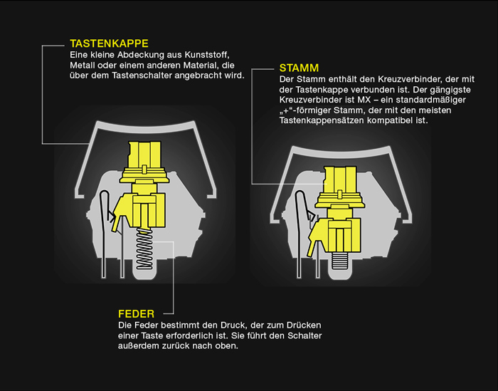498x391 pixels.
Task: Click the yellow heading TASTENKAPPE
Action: pyautogui.click(x=109, y=43)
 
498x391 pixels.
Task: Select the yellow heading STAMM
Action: pyautogui.click(x=299, y=68)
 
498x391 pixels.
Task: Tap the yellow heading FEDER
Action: pyautogui.click(x=137, y=314)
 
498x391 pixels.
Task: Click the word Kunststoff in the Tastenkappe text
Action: pyautogui.click(x=207, y=55)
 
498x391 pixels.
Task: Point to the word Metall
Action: pyautogui.click(x=83, y=66)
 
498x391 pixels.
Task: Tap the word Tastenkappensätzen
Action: pyautogui.click(x=322, y=121)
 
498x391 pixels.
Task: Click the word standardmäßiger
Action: pyautogui.click(x=430, y=100)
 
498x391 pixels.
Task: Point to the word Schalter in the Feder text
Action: pyautogui.click(x=304, y=335)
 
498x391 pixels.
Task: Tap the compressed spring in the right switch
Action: pyautogui.click(x=341, y=261)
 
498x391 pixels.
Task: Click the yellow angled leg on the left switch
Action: pyautogui.click(x=119, y=213)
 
